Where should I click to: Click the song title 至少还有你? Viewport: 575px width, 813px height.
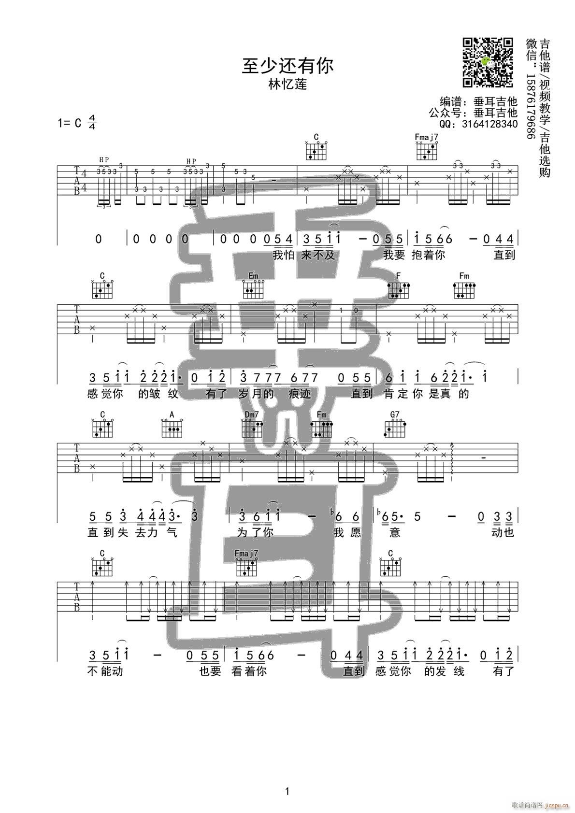coord(287,66)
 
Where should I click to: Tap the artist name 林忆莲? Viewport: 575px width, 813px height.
coord(287,84)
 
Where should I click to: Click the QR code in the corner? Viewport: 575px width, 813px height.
coord(488,62)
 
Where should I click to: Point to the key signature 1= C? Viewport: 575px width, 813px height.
coord(70,123)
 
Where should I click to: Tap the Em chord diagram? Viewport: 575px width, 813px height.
coord(253,289)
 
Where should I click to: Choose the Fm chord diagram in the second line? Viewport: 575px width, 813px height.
coord(464,289)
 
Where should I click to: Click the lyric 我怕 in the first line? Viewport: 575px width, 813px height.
coord(283,255)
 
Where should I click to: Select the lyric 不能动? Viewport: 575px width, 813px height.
coord(106,671)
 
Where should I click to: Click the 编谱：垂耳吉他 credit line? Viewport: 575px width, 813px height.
coord(478,101)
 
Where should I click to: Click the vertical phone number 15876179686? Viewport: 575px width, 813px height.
coord(530,107)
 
